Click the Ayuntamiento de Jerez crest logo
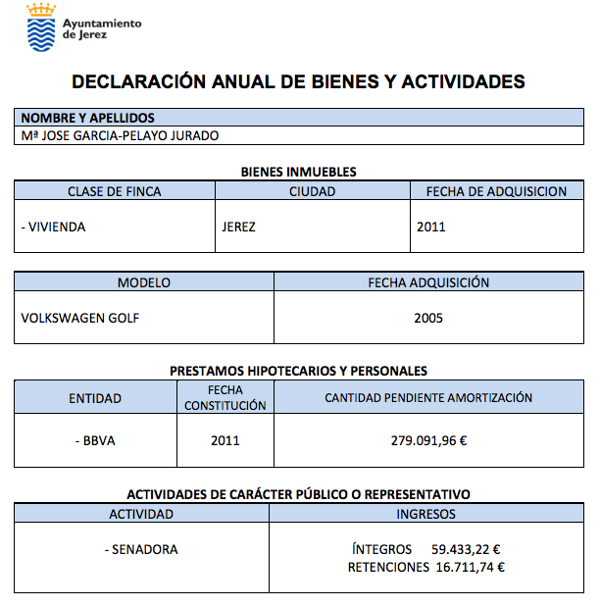click(x=40, y=27)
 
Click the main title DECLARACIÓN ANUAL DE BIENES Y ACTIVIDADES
click(x=298, y=82)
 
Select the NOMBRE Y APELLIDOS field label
click(x=88, y=118)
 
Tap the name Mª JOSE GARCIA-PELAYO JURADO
click(x=120, y=135)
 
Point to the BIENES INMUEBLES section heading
click(x=299, y=172)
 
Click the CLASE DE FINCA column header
click(x=115, y=191)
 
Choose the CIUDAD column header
click(x=313, y=191)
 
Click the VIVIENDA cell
click(x=54, y=227)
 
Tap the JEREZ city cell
click(x=240, y=227)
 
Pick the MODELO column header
click(x=144, y=282)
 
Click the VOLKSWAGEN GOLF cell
click(x=80, y=318)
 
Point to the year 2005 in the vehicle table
click(x=428, y=318)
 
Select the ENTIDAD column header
click(x=95, y=398)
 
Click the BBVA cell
click(x=95, y=440)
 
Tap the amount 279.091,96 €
click(x=428, y=440)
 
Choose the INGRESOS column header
click(x=425, y=514)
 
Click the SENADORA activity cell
click(x=141, y=550)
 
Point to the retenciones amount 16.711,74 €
click(x=470, y=567)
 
